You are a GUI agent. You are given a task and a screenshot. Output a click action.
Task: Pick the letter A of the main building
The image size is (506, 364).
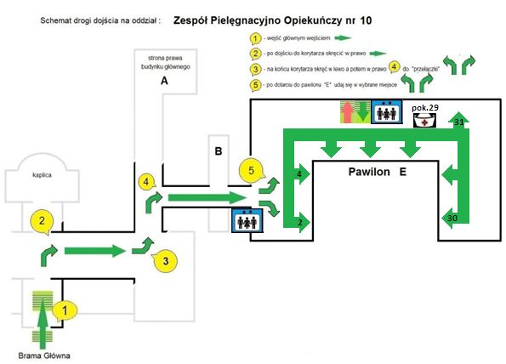165,81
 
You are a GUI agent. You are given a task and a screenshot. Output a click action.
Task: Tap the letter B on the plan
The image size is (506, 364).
219,152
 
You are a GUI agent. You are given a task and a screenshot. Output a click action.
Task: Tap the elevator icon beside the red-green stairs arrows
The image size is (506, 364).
387,112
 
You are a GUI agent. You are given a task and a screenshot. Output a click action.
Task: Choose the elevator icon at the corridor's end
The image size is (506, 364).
247,219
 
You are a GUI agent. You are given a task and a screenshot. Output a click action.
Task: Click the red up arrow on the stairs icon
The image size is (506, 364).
347,112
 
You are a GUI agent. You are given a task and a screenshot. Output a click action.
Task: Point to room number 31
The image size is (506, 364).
459,122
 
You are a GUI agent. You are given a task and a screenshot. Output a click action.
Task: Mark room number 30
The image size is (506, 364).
452,219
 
